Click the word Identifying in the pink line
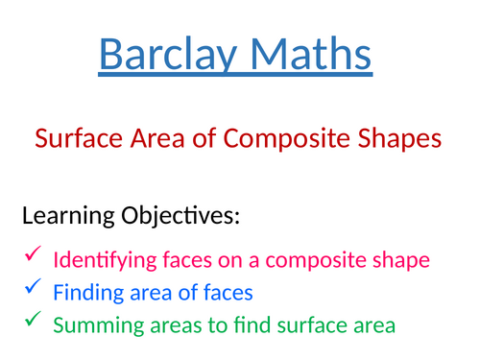100,259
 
